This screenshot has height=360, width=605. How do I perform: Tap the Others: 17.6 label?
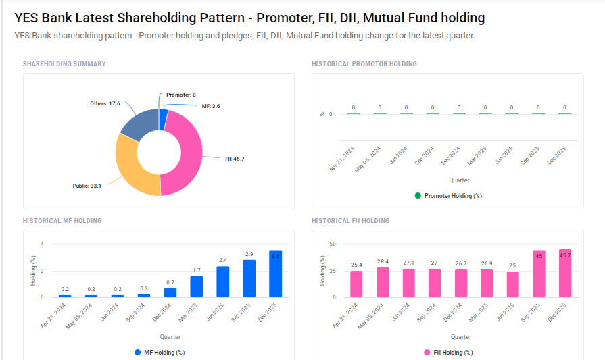(105, 103)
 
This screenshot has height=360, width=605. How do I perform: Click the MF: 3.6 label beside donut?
(210, 106)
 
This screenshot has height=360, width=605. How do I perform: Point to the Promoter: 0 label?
(180, 95)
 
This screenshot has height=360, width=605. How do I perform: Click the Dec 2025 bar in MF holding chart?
(275, 274)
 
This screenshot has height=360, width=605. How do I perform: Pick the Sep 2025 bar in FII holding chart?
(539, 274)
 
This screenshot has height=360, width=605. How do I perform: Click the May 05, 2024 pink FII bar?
(383, 282)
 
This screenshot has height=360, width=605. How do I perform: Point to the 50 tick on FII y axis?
(332, 244)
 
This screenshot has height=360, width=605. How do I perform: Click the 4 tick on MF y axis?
(42, 244)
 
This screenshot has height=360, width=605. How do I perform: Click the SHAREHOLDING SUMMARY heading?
(64, 64)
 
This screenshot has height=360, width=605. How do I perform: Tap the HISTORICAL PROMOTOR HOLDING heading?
(364, 64)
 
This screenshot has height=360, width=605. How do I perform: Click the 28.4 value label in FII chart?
(383, 261)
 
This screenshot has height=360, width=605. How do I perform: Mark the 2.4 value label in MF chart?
(222, 260)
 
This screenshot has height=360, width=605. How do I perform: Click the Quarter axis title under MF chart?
(170, 336)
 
